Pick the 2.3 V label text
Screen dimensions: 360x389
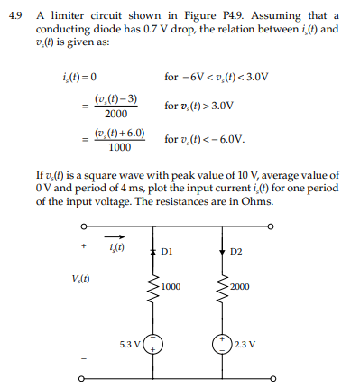click(244, 344)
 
